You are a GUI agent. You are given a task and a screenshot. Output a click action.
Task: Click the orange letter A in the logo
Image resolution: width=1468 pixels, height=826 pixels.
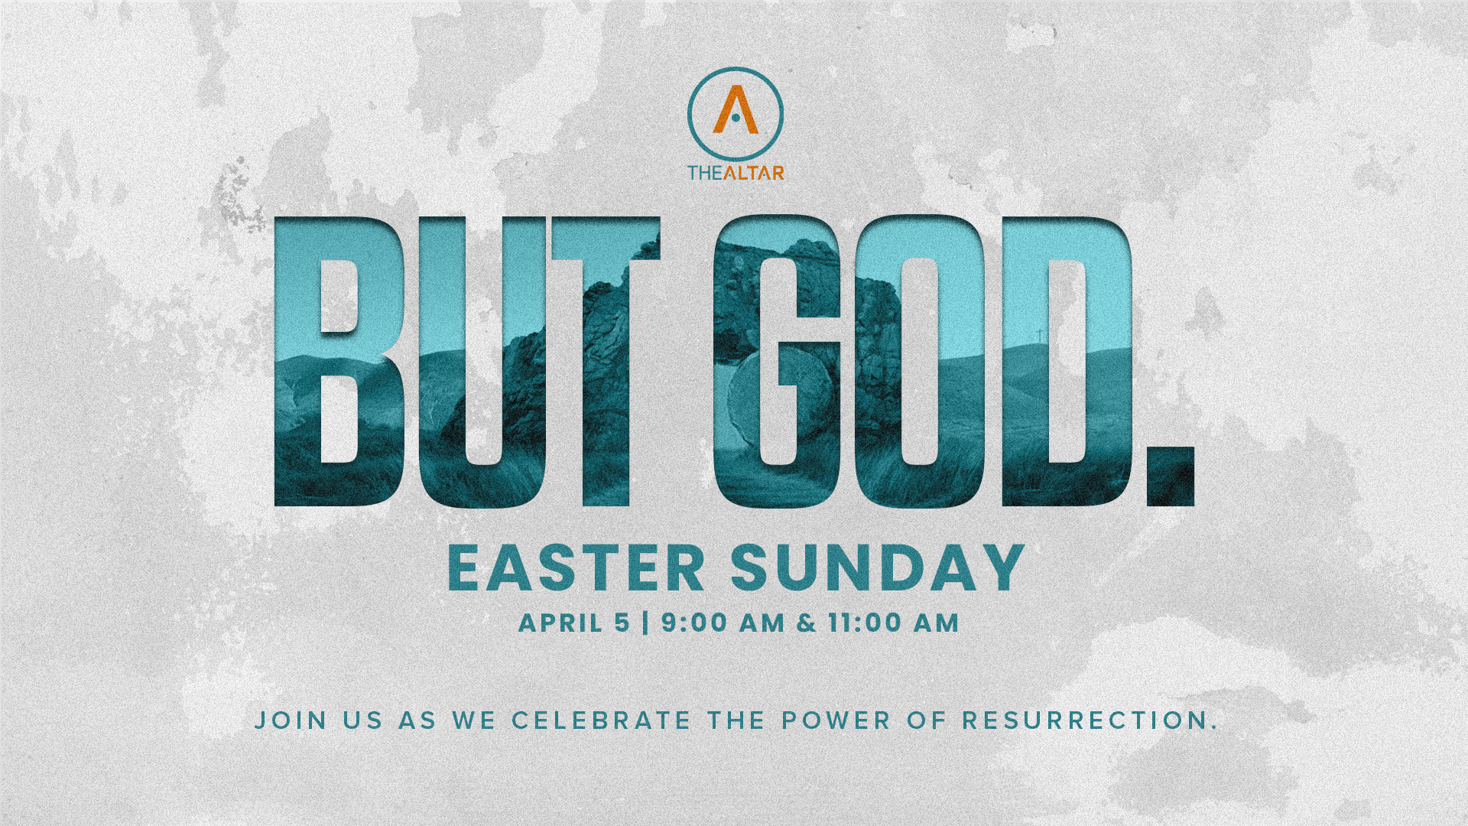pyautogui.click(x=736, y=110)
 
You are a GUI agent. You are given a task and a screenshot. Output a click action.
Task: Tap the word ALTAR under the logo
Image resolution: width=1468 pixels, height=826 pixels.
pyautogui.click(x=753, y=173)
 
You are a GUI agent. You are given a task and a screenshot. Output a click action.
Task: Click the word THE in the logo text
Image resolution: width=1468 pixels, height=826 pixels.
pyautogui.click(x=705, y=173)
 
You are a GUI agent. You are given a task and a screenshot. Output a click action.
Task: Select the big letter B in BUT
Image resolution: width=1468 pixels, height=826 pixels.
pyautogui.click(x=338, y=362)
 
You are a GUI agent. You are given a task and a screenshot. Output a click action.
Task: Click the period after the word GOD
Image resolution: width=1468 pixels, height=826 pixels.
pyautogui.click(x=1171, y=477)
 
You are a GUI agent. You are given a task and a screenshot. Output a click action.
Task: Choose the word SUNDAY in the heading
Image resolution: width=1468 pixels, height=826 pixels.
pyautogui.click(x=878, y=568)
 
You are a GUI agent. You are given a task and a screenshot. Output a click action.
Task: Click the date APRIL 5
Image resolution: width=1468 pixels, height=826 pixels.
pyautogui.click(x=574, y=623)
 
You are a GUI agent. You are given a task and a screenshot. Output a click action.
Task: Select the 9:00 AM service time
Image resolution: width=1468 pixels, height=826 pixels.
pyautogui.click(x=723, y=623)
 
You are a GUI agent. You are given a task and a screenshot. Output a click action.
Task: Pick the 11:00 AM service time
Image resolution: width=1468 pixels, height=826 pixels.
pyautogui.click(x=894, y=623)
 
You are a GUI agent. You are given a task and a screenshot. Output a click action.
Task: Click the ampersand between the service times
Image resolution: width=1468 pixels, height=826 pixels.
pyautogui.click(x=807, y=623)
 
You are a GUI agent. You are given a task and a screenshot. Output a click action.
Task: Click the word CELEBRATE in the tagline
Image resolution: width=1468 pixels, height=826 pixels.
pyautogui.click(x=602, y=720)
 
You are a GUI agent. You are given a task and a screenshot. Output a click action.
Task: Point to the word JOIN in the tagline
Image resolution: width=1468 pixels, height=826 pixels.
pyautogui.click(x=291, y=720)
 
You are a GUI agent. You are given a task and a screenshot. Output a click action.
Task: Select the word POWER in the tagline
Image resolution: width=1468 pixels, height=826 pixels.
pyautogui.click(x=836, y=720)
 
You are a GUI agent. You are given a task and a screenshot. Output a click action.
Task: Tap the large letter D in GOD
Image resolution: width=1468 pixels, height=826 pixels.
pyautogui.click(x=1067, y=362)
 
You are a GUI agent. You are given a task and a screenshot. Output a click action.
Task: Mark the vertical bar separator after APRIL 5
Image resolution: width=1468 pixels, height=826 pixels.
pyautogui.click(x=646, y=623)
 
